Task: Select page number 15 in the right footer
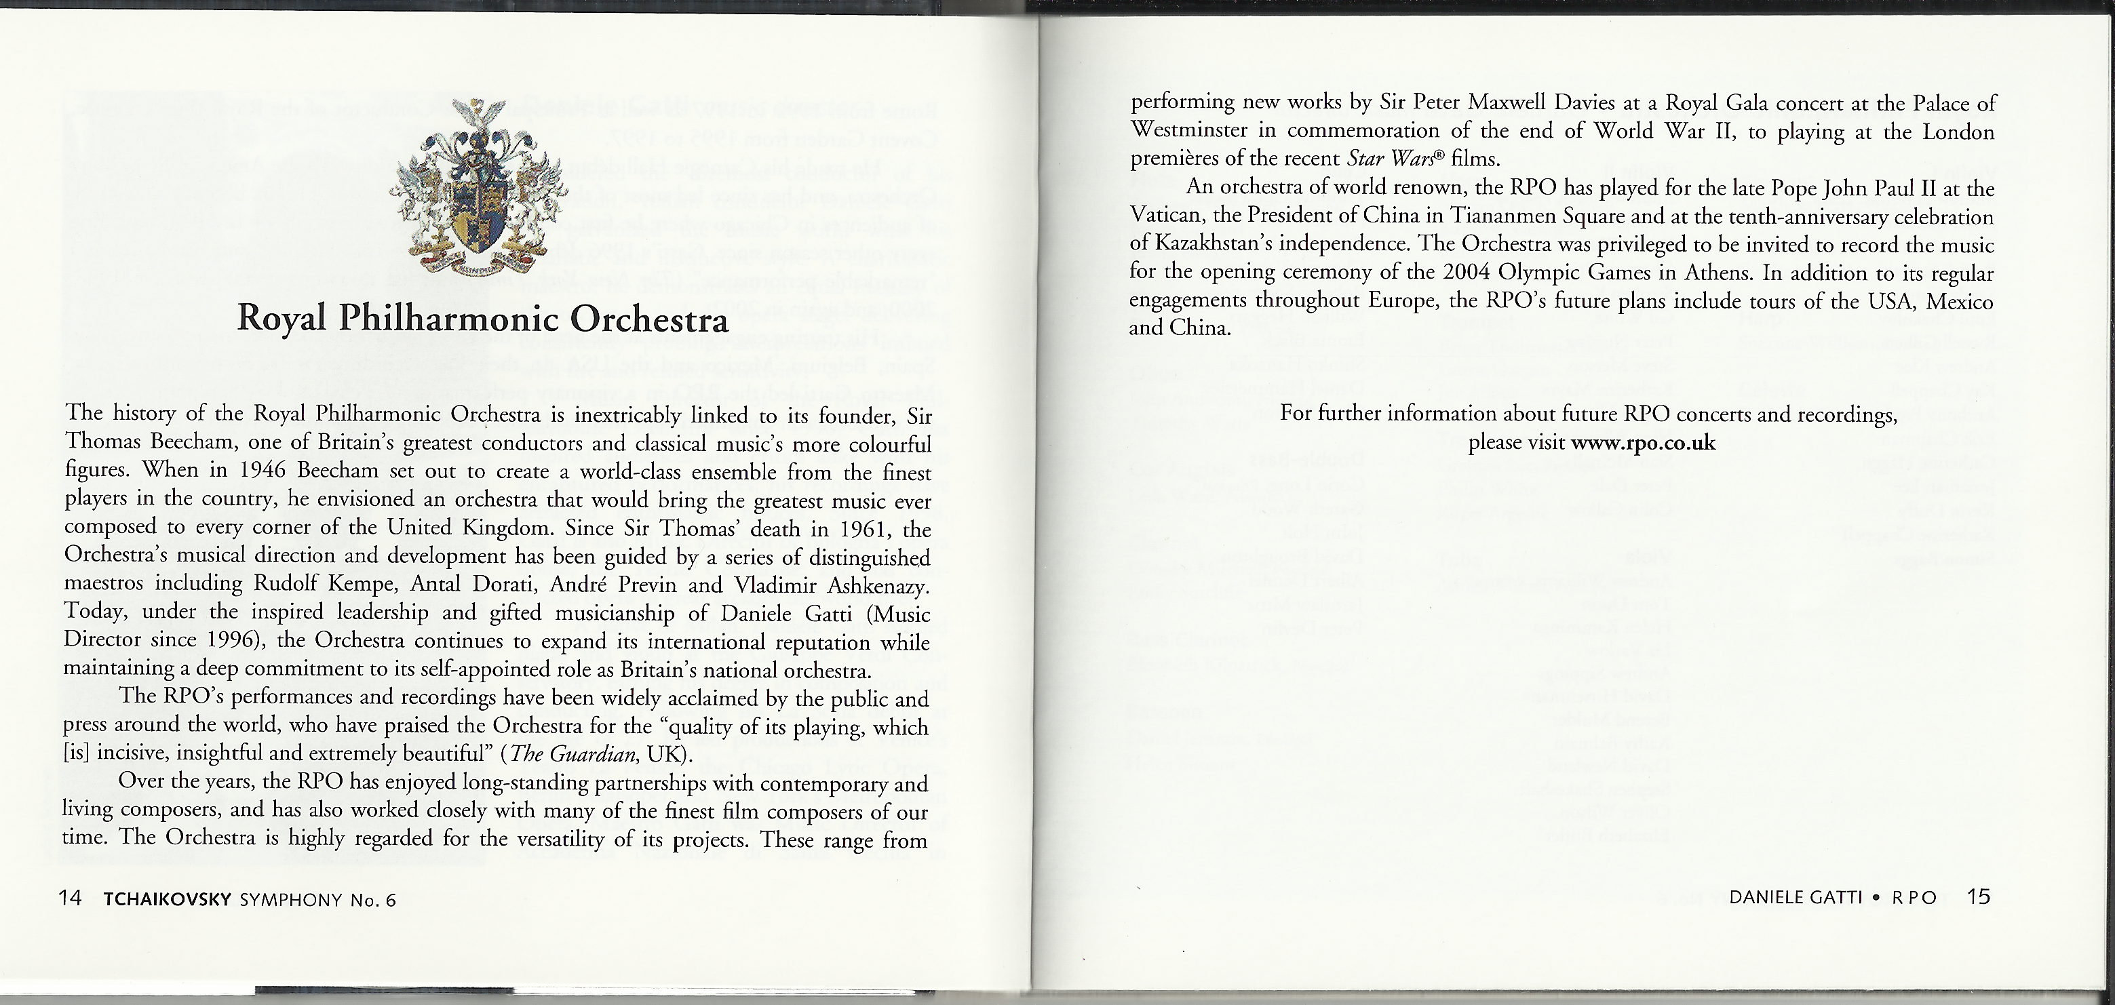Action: pyautogui.click(x=1979, y=896)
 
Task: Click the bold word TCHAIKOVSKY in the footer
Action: pyautogui.click(x=168, y=899)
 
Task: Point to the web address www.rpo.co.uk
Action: pyautogui.click(x=1643, y=443)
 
